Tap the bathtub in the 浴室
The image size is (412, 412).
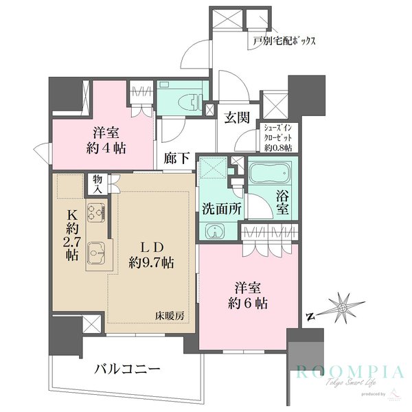tap(270, 178)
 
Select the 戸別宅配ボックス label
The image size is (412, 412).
tap(284, 41)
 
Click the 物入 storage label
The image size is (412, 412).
tap(97, 183)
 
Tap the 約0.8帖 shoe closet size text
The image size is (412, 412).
tap(279, 148)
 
